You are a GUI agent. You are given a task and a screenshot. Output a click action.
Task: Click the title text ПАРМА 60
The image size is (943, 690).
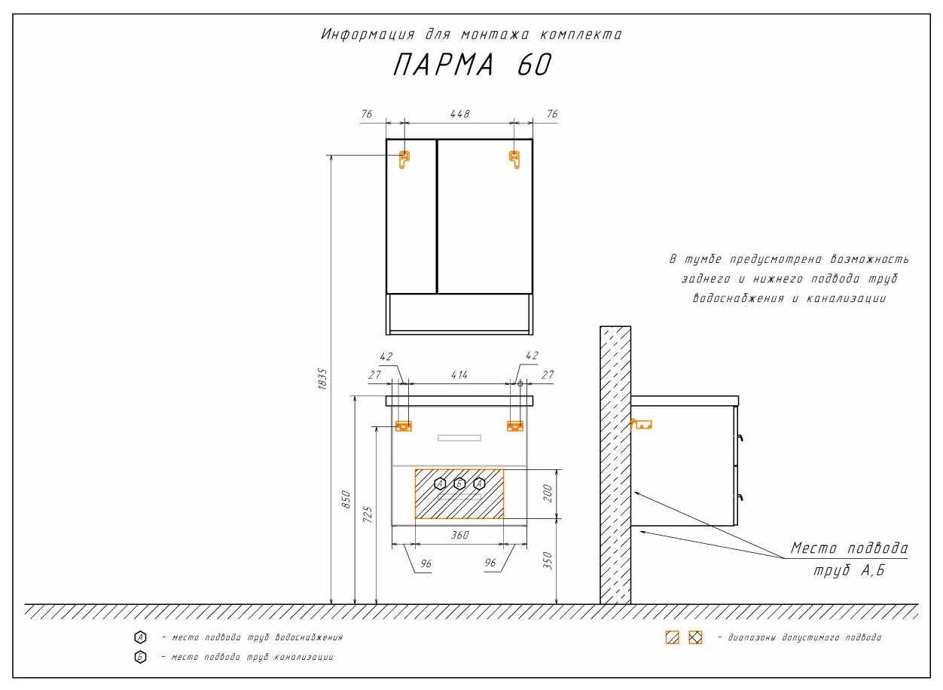tap(472, 65)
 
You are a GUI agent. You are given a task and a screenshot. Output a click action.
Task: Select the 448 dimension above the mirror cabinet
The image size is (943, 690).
tap(459, 114)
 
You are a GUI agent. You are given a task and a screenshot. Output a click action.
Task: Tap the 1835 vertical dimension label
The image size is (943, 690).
tap(322, 380)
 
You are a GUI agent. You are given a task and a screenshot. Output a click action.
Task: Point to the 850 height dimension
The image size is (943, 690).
tap(346, 499)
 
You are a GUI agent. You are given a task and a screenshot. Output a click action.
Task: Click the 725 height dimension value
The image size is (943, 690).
tap(368, 515)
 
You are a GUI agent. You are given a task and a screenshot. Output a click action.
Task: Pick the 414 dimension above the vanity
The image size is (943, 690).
tap(459, 374)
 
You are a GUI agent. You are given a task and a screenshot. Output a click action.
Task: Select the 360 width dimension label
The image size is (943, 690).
tap(459, 535)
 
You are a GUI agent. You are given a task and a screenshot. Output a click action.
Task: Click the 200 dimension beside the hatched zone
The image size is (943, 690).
tap(548, 493)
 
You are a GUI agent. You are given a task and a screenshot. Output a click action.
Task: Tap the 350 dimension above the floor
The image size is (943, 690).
tap(548, 560)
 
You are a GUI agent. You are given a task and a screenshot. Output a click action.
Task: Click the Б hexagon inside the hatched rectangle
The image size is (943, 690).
tap(459, 484)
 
